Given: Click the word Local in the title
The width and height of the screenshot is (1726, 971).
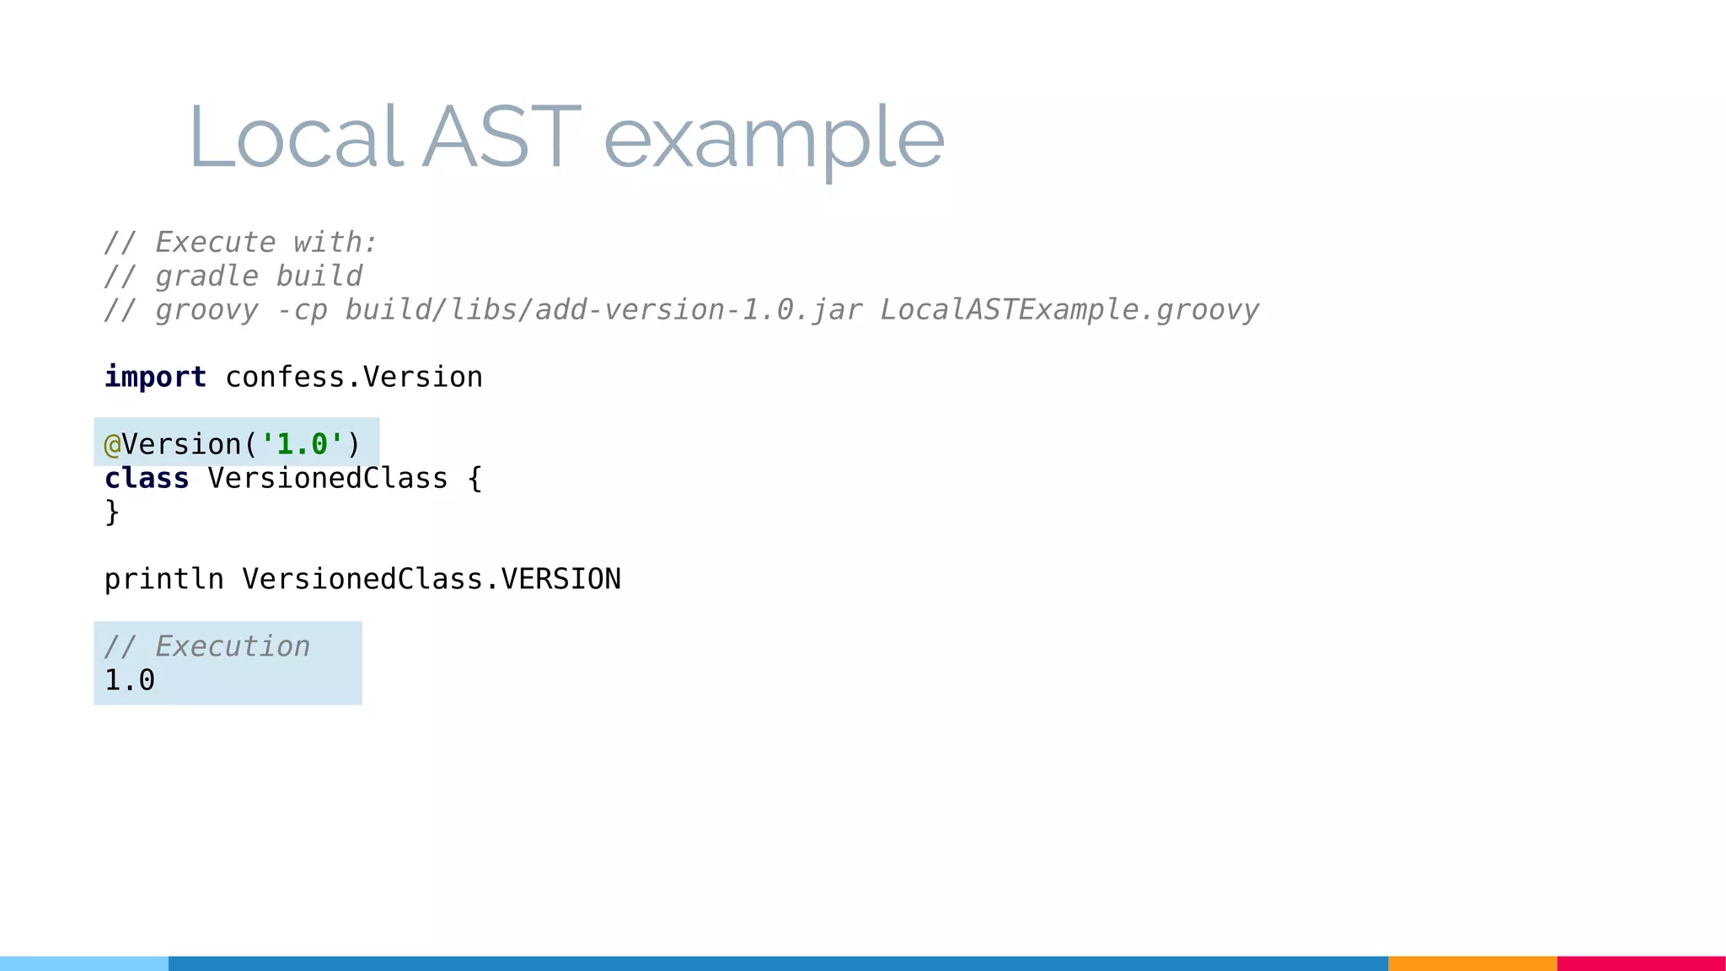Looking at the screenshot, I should point(295,136).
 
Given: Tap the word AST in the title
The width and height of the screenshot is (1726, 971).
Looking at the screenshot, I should point(501,136).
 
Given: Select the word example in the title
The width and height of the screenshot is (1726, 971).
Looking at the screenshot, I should point(774,139).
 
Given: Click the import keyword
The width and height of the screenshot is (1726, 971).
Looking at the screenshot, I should point(155,377).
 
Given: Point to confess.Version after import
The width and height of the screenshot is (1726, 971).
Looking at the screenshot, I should point(354,377).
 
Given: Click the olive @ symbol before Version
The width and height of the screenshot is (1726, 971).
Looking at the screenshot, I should point(112,444).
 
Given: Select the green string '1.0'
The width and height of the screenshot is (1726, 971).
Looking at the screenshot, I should point(302,444).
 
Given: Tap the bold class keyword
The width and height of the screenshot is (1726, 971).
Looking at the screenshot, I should point(147,478).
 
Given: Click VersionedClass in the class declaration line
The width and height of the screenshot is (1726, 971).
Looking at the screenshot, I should point(328,478).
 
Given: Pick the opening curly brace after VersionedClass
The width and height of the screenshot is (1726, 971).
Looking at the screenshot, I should point(474,479).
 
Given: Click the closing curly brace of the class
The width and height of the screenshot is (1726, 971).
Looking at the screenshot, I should point(112,512).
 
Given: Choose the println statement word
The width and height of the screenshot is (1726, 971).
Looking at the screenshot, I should point(163,579).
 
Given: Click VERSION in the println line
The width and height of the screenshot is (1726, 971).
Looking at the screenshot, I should point(560,579).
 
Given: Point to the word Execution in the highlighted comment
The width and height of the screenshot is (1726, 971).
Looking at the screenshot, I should point(233,646).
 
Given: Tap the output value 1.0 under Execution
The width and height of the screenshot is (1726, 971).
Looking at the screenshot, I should point(130,680).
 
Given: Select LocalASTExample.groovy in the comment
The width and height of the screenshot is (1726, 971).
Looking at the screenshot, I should point(1069,310).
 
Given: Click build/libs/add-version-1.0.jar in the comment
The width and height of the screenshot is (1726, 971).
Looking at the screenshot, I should point(603,310).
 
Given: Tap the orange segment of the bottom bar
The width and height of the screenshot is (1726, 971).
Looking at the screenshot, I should point(1472,963).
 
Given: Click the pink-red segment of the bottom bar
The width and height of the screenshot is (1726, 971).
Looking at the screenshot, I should point(1641,963).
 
